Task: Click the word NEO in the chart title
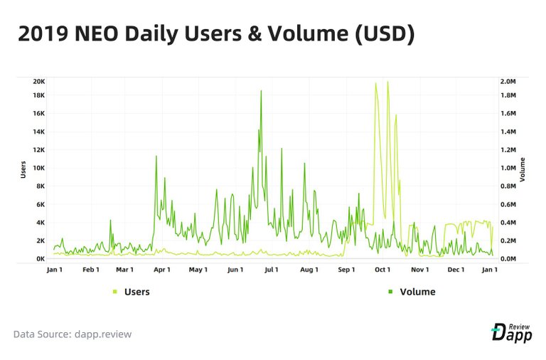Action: pyautogui.click(x=95, y=34)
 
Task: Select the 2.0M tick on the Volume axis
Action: pyautogui.click(x=508, y=81)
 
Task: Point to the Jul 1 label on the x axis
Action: pyautogui.click(x=272, y=270)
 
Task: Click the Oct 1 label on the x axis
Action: pyautogui.click(x=382, y=270)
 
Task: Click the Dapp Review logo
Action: pyautogui.click(x=511, y=332)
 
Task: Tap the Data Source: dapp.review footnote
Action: pyautogui.click(x=73, y=334)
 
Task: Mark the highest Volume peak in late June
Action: pyautogui.click(x=261, y=91)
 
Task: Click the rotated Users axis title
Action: pyautogui.click(x=23, y=169)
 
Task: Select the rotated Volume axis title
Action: pyautogui.click(x=523, y=169)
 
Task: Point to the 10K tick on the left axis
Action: pyautogui.click(x=40, y=168)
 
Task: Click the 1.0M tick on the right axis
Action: pyautogui.click(x=508, y=168)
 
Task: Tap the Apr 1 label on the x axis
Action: pyautogui.click(x=161, y=270)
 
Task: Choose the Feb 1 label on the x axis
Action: pyautogui.click(x=90, y=270)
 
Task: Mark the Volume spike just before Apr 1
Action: pyautogui.click(x=156, y=157)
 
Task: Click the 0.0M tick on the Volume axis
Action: pyautogui.click(x=508, y=259)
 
